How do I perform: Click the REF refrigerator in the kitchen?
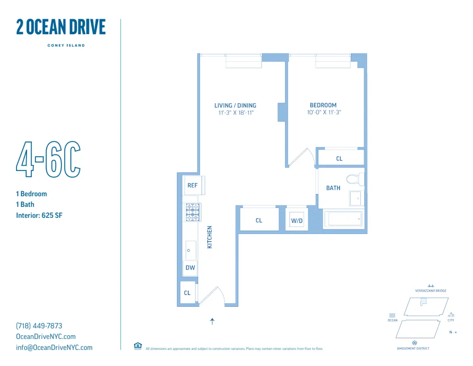[193, 185]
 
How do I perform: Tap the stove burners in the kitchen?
[193, 213]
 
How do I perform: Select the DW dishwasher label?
[190, 268]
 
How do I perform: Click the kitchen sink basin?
[191, 250]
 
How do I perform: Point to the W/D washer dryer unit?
[297, 220]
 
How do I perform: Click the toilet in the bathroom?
[354, 179]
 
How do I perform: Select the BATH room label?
[333, 188]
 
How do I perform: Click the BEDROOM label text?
[323, 105]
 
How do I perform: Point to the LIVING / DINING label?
[235, 105]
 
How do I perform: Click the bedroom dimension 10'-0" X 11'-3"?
[324, 113]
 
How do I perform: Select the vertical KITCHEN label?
[210, 237]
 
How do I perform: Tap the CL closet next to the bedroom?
[339, 159]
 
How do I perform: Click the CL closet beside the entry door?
[187, 293]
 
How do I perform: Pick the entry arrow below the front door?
[212, 321]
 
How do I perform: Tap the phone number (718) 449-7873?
[39, 326]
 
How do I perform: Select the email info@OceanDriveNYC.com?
[54, 348]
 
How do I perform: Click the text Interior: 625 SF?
[39, 215]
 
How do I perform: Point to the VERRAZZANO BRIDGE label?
[430, 291]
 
